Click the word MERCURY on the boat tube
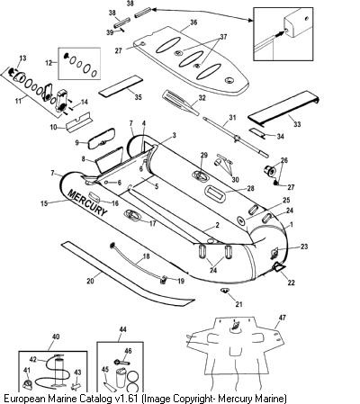[x=87, y=202]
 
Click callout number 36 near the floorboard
[x=193, y=22]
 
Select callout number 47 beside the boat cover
[x=283, y=318]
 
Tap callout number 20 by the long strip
[x=90, y=281]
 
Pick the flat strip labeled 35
[x=121, y=86]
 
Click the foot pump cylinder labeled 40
[x=59, y=371]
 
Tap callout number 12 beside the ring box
[x=49, y=63]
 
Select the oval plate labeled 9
[x=101, y=138]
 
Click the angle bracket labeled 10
[x=78, y=123]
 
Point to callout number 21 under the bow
[x=238, y=304]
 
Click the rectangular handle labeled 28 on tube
[x=215, y=193]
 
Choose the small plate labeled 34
[x=257, y=132]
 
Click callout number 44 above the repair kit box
[x=122, y=329]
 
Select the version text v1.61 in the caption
[x=126, y=399]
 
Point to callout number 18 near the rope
[x=146, y=256]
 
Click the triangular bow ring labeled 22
[x=279, y=267]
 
